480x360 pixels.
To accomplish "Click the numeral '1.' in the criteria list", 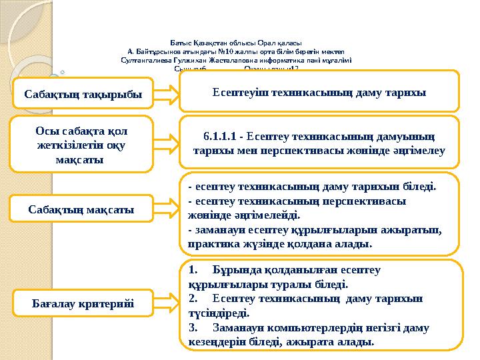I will tap(193, 271).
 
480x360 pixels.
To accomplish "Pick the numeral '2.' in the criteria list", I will tap(193, 299).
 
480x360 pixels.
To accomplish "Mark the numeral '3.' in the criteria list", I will tap(193, 327).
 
